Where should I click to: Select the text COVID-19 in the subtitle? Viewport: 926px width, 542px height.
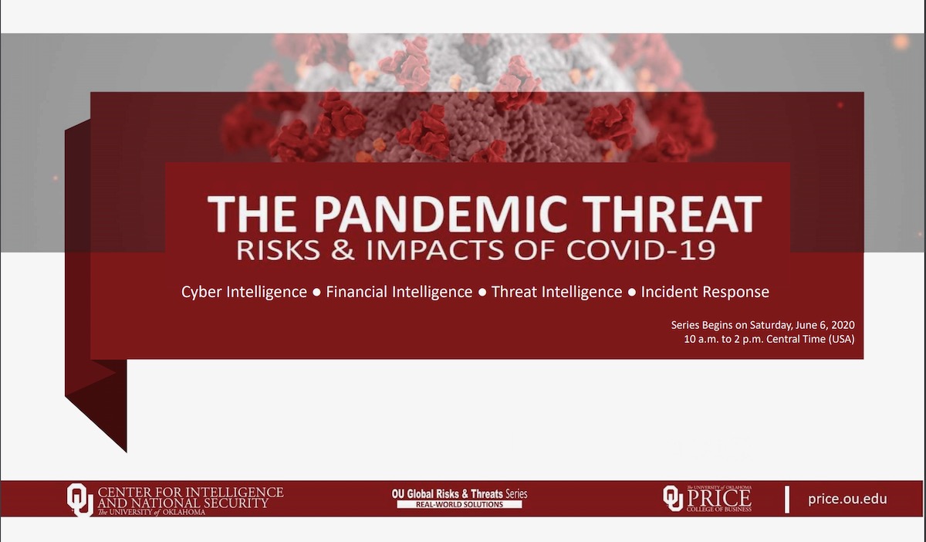click(640, 250)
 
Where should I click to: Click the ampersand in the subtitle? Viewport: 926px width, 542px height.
click(343, 250)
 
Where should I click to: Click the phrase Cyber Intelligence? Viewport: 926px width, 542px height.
click(244, 292)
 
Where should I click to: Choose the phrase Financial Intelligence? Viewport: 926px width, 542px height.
click(399, 292)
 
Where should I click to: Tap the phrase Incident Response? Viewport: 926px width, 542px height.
click(705, 292)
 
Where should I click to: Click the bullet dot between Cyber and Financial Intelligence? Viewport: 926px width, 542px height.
click(317, 293)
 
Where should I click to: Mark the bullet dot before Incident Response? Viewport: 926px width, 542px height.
click(632, 293)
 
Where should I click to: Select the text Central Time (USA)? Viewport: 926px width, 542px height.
click(810, 339)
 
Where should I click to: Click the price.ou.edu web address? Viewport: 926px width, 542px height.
click(847, 499)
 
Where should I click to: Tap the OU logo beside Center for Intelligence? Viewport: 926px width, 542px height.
click(80, 500)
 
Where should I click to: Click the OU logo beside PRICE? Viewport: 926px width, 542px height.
click(673, 498)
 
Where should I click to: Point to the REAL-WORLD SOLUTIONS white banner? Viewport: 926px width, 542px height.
click(459, 504)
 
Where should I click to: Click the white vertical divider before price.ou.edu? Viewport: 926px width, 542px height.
click(787, 500)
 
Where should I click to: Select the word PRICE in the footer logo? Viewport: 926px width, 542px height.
click(719, 499)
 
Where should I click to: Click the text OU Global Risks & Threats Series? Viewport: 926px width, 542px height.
click(459, 494)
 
